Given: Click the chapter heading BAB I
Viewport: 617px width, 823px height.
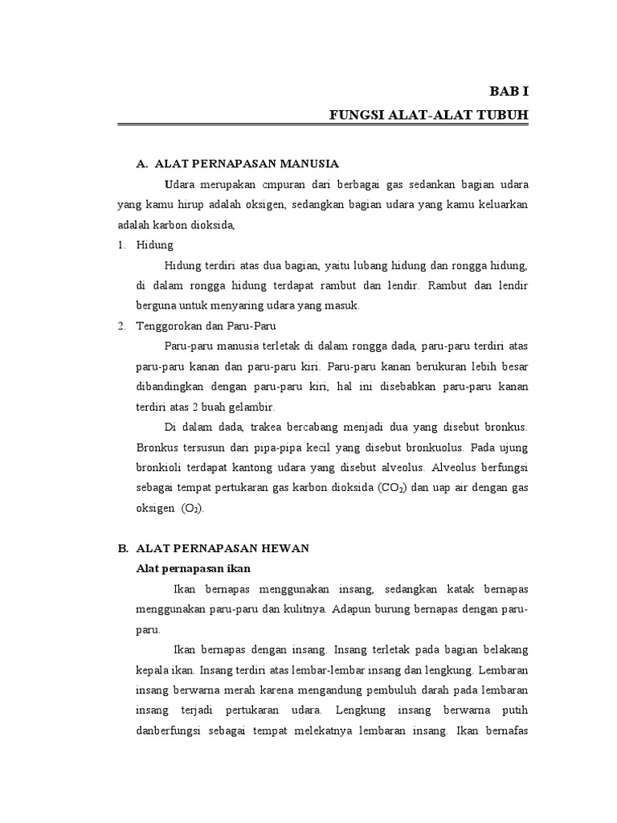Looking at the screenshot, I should click(510, 92).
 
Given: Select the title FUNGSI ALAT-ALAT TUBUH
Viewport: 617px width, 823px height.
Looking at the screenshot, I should click(429, 115).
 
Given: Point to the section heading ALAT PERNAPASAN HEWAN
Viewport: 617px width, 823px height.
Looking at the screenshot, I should click(223, 548).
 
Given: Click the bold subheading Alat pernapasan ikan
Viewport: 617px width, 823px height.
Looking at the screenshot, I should click(182, 568).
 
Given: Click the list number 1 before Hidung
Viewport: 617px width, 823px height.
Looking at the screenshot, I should click(121, 245).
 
